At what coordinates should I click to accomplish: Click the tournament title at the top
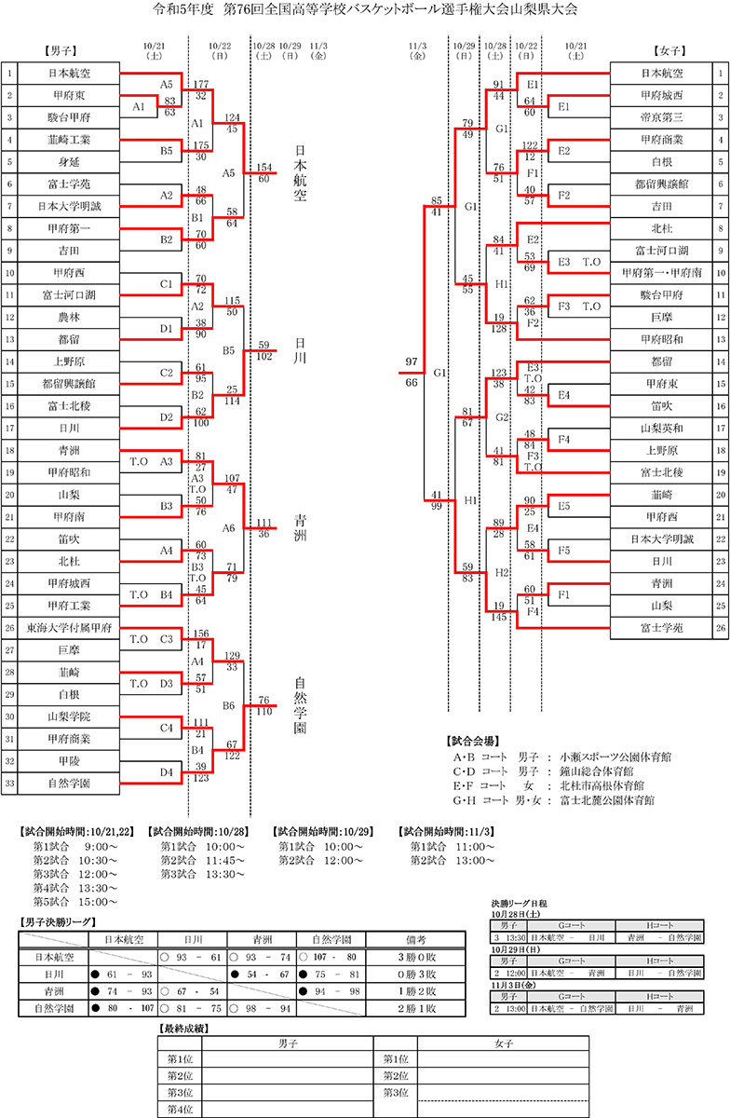coord(364,11)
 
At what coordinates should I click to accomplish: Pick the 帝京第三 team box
coord(663,116)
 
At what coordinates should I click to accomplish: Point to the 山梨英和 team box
coord(663,428)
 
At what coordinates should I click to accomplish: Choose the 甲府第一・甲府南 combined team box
coord(663,272)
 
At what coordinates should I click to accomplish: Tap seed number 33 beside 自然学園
coord(9,784)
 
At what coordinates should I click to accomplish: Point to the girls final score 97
coord(412,361)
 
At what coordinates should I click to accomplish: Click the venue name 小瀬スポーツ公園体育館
coord(615,757)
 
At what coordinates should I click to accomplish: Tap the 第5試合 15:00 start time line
coord(74,902)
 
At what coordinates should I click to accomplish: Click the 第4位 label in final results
coord(180,1109)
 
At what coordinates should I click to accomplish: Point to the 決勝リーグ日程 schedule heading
coord(519,904)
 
